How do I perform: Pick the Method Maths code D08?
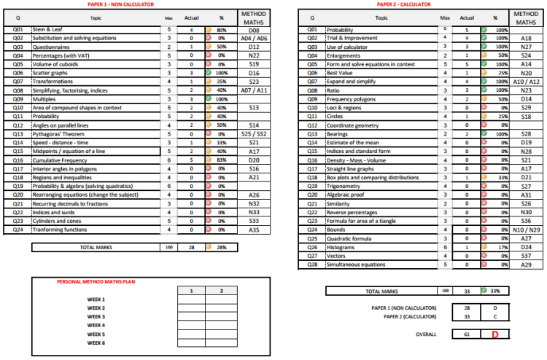pyautogui.click(x=254, y=30)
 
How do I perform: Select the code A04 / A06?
pyautogui.click(x=254, y=39)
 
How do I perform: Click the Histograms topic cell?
pyautogui.click(x=341, y=247)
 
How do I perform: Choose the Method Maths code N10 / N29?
pyautogui.click(x=526, y=230)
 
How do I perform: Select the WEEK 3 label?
pyautogui.click(x=96, y=317)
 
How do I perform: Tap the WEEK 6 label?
pyautogui.click(x=96, y=343)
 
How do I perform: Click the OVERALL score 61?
pyautogui.click(x=467, y=334)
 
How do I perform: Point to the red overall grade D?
pyautogui.click(x=495, y=334)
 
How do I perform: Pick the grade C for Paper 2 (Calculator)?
pyautogui.click(x=495, y=317)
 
